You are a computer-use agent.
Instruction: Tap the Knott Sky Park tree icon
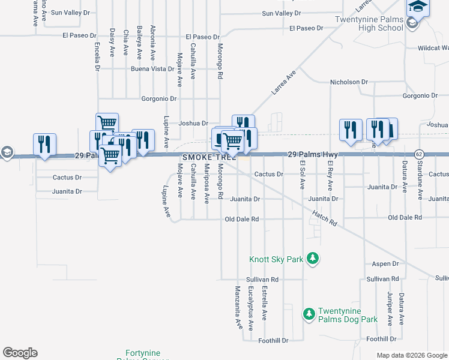[x=312, y=259]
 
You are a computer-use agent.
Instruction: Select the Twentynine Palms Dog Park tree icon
[x=309, y=314]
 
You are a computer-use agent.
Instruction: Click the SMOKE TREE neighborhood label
[x=209, y=157]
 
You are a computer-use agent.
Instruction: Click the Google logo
[x=20, y=353]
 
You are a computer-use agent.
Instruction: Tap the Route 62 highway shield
[x=418, y=154]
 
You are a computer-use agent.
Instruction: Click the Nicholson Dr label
[x=349, y=82]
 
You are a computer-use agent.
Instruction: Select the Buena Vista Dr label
[x=152, y=69]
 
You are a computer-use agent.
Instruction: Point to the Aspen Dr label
[x=385, y=264]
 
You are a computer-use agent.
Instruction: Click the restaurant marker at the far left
[x=44, y=144]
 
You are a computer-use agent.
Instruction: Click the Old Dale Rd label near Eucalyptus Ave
[x=241, y=219]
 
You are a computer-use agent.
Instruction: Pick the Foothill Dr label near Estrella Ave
[x=273, y=341]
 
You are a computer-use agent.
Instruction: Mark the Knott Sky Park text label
[x=277, y=260]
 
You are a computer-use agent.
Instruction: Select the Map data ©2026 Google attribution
[x=411, y=355]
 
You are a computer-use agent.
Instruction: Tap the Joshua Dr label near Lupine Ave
[x=193, y=123]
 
